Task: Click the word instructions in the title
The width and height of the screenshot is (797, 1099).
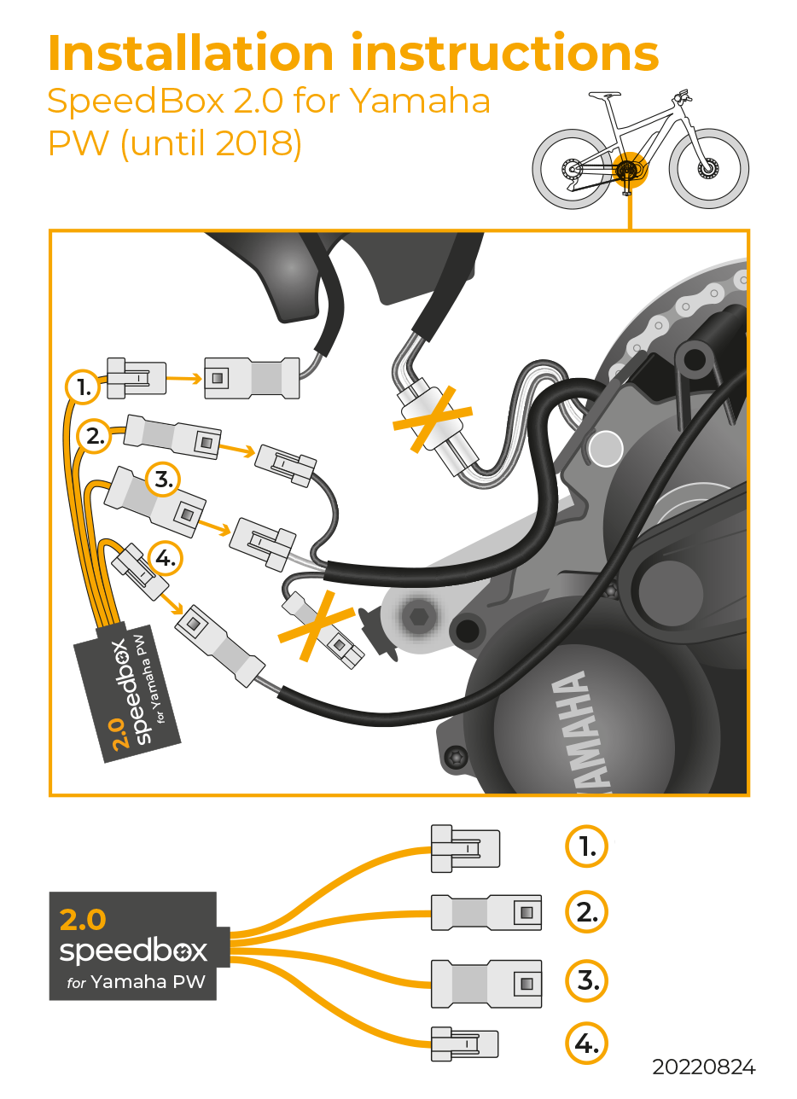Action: [x=505, y=53]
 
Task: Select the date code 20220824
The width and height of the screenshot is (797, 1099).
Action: [x=704, y=1067]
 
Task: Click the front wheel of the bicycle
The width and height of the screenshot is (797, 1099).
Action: [x=708, y=168]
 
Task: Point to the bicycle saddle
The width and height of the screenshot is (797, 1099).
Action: [x=605, y=94]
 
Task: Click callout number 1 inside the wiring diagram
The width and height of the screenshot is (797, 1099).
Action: [x=83, y=387]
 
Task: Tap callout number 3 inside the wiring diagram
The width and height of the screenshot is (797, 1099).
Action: [x=163, y=480]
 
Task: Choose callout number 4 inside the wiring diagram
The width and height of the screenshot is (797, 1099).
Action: [x=166, y=558]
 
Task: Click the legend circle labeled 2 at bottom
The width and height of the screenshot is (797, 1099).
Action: [x=586, y=912]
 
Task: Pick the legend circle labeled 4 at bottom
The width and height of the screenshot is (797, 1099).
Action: [x=586, y=1044]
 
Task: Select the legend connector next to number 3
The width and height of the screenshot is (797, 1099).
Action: [x=486, y=983]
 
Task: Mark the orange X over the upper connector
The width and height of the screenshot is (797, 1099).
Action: [x=433, y=418]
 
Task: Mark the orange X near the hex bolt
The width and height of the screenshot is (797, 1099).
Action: [x=316, y=625]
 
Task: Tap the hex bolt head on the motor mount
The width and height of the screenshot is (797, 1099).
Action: [x=419, y=616]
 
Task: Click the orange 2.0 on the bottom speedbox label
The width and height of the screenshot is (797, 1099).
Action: [x=83, y=920]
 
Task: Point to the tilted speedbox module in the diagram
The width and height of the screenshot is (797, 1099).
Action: [x=126, y=692]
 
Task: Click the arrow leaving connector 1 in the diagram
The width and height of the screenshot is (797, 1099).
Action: [x=184, y=378]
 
